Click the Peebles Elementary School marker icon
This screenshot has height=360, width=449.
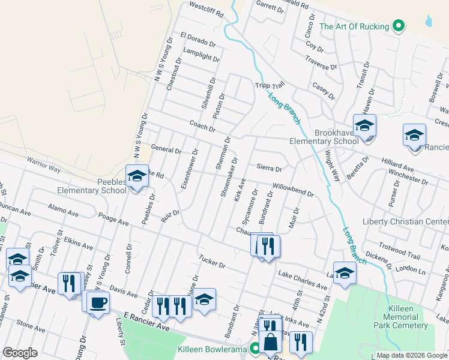[137, 176]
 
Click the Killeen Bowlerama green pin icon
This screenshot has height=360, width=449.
[255, 348]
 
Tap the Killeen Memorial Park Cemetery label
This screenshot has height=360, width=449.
[398, 317]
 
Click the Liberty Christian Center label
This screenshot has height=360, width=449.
[405, 221]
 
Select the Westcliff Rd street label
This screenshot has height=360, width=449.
[206, 8]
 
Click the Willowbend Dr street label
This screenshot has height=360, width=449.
[293, 190]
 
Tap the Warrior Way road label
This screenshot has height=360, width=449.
[43, 164]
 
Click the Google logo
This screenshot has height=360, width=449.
[20, 353]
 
